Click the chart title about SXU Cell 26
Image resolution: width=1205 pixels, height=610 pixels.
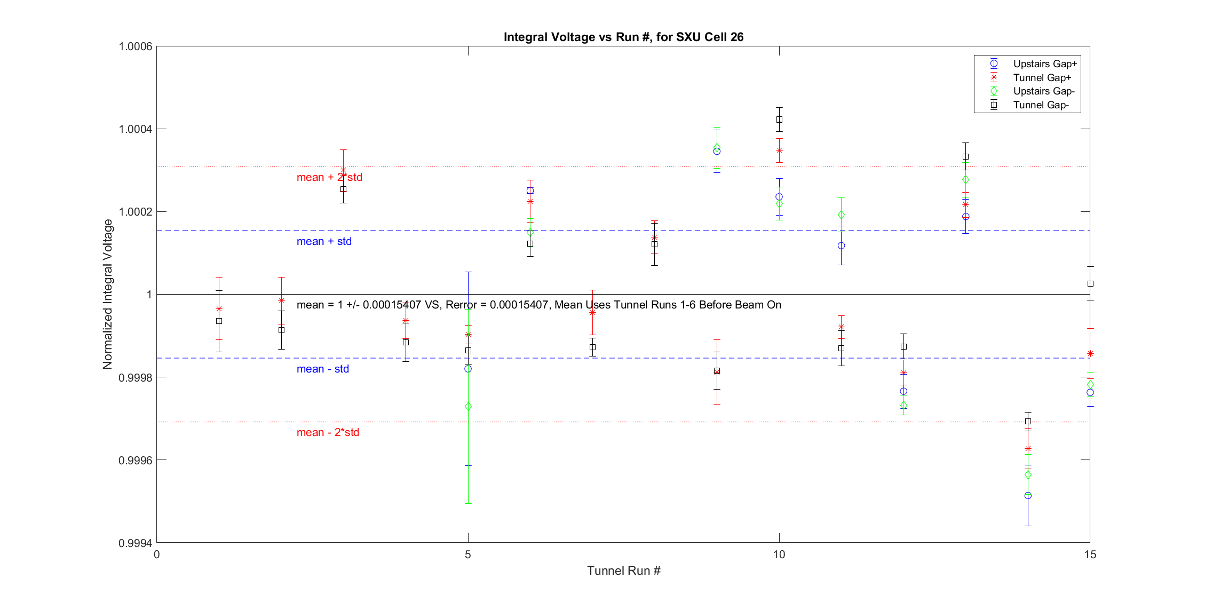tap(623, 37)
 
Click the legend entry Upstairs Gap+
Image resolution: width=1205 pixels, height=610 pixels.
tap(1044, 64)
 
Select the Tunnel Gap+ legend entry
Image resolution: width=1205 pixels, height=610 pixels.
tap(1042, 78)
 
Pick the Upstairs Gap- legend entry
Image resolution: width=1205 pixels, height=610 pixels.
tap(1043, 91)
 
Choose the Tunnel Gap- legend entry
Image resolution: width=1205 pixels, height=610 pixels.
tap(1041, 105)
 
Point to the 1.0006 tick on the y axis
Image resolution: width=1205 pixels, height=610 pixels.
tap(136, 46)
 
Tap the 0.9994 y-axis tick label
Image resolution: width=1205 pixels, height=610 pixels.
tap(136, 543)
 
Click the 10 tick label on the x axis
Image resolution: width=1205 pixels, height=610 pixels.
tap(779, 554)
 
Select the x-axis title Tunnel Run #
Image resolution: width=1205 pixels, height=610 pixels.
tap(623, 571)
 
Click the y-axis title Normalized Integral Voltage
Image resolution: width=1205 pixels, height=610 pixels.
tap(108, 294)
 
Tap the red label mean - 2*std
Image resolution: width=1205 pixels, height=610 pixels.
tap(328, 432)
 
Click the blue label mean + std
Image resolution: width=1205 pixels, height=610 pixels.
tap(324, 241)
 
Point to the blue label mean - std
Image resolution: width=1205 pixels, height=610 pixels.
tap(322, 369)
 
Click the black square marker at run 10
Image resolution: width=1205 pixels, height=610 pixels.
tap(779, 120)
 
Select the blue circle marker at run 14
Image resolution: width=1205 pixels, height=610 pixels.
tap(1028, 495)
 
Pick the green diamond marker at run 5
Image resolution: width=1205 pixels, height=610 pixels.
tap(468, 407)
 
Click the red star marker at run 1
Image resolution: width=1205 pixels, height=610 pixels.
tap(219, 308)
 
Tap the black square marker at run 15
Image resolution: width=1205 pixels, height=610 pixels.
tap(1090, 283)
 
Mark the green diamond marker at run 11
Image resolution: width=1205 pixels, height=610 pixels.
tap(841, 215)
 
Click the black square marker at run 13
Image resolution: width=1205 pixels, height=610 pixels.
tap(965, 157)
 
